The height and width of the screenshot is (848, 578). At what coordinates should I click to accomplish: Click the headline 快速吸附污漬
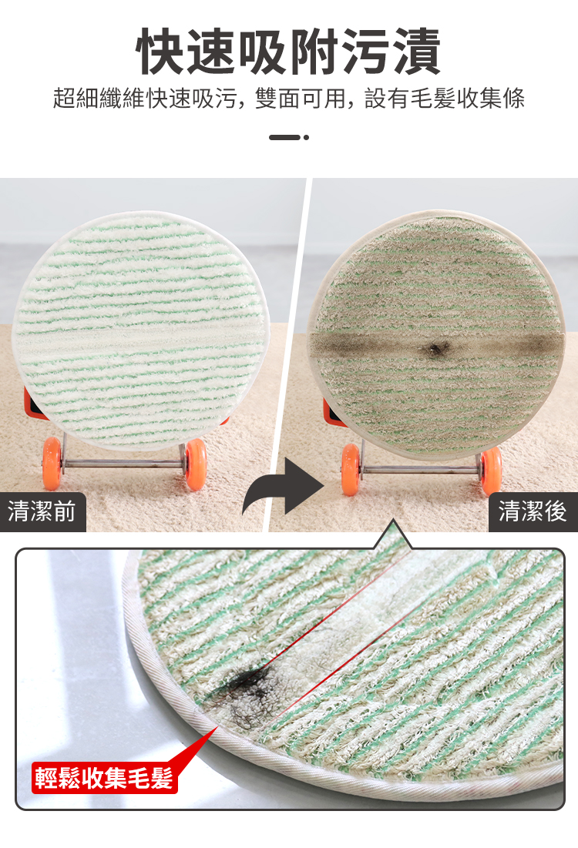(288, 52)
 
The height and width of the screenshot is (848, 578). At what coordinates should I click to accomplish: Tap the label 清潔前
(42, 511)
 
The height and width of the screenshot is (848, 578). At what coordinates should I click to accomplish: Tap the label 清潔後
(533, 511)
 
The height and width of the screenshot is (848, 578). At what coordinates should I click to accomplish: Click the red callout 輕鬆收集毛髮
(104, 778)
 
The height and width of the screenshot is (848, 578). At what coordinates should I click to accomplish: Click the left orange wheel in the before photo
(52, 464)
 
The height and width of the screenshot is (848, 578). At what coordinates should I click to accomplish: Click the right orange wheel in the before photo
(196, 464)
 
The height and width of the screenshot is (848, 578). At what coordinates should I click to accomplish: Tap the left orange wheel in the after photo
(351, 469)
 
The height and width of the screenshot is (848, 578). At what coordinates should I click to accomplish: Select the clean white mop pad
(141, 330)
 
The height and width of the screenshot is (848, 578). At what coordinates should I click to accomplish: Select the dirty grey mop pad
(436, 335)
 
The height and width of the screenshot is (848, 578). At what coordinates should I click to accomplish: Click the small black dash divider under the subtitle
(289, 137)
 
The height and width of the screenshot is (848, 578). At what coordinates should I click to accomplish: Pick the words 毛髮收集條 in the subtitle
(468, 99)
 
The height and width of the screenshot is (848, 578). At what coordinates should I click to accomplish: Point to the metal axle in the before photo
(123, 463)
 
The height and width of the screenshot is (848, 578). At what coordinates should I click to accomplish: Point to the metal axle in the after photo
(421, 468)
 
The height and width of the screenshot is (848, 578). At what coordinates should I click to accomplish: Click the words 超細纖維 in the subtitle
(99, 99)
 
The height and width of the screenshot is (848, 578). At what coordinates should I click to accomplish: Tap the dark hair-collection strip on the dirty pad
(436, 346)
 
